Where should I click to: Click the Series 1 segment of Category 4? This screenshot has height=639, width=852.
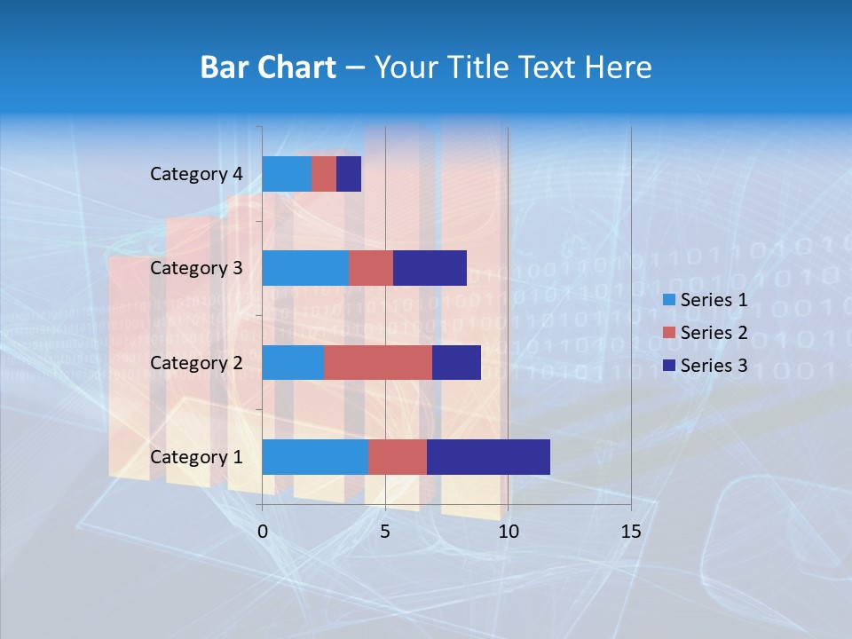[x=287, y=174]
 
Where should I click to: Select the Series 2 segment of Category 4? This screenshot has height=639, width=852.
[x=324, y=174]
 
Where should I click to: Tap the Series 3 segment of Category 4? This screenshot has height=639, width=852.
[x=349, y=174]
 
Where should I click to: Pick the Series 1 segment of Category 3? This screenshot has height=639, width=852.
[x=305, y=268]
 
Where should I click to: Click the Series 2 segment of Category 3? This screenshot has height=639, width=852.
[x=371, y=268]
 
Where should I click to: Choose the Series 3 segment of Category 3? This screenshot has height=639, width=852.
[x=430, y=268]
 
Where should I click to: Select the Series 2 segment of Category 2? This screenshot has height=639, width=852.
[x=378, y=362]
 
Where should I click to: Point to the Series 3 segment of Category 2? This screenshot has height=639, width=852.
[x=456, y=362]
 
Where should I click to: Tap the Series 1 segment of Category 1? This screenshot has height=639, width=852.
[x=315, y=457]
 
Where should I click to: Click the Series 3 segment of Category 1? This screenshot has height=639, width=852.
[x=488, y=457]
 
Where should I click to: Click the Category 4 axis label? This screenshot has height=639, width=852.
[x=196, y=174]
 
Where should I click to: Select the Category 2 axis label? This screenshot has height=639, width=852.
[x=196, y=363]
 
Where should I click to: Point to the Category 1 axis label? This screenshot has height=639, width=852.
[x=196, y=457]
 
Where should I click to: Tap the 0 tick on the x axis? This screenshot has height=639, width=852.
[x=263, y=532]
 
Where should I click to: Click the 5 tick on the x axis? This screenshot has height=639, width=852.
[x=385, y=532]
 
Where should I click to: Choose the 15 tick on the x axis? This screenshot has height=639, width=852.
[x=630, y=532]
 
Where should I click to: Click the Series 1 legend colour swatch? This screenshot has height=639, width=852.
[x=668, y=300]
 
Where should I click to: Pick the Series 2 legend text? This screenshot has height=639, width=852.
[x=714, y=333]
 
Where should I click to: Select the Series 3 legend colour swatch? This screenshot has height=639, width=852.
[x=668, y=366]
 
